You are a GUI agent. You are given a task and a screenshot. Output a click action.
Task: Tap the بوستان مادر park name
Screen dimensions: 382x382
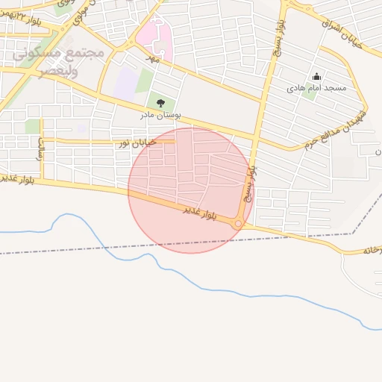coord(160,116)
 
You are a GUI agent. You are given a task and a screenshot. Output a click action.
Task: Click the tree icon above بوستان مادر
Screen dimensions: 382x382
coord(160,103)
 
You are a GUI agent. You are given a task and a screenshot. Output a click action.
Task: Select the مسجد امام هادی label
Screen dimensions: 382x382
coord(316,88)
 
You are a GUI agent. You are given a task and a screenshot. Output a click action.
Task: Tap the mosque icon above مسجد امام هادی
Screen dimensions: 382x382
coord(316,76)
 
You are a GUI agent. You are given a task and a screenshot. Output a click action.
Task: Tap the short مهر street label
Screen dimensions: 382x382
coord(153,57)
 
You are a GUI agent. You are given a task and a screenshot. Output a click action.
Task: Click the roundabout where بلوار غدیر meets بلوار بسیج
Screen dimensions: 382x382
coord(238,223)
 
